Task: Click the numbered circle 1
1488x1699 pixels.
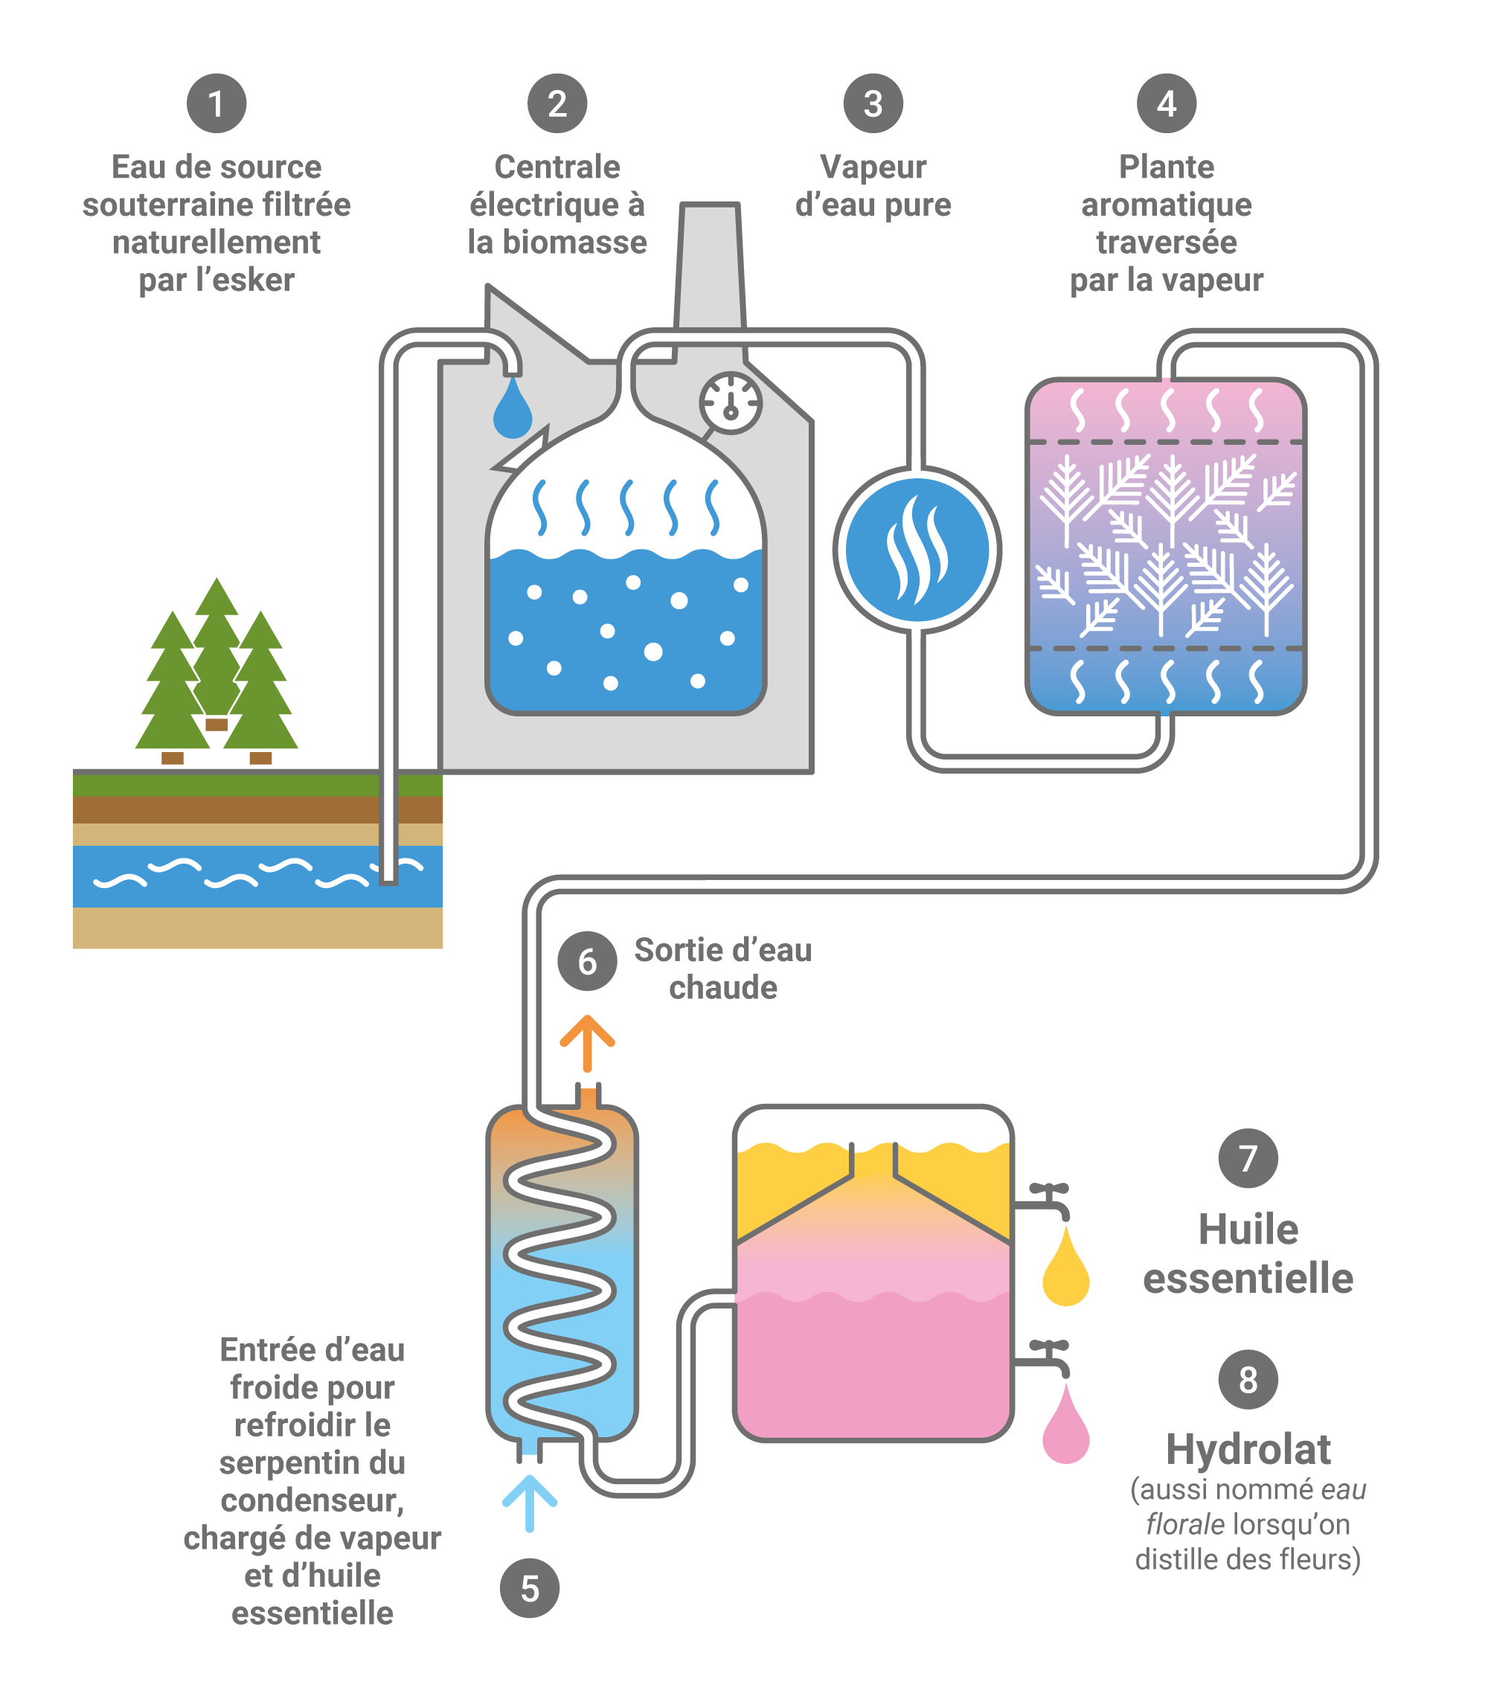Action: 216,103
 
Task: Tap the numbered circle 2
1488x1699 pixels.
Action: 557,103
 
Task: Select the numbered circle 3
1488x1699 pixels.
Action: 873,103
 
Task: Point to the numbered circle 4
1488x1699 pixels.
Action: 1166,103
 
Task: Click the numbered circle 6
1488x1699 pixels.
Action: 587,961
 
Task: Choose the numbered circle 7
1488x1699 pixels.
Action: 1247,1158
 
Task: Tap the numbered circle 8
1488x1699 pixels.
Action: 1247,1379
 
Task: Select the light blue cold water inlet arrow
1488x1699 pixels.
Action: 529,1503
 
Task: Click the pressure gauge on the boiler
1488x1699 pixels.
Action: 731,402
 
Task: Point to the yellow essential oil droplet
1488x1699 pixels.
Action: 1065,1270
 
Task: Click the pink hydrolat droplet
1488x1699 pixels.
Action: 1065,1427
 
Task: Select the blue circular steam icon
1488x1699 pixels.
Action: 917,550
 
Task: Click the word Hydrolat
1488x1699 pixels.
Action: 1247,1449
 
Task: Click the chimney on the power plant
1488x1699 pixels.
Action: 710,266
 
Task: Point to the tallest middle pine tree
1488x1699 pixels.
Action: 217,647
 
